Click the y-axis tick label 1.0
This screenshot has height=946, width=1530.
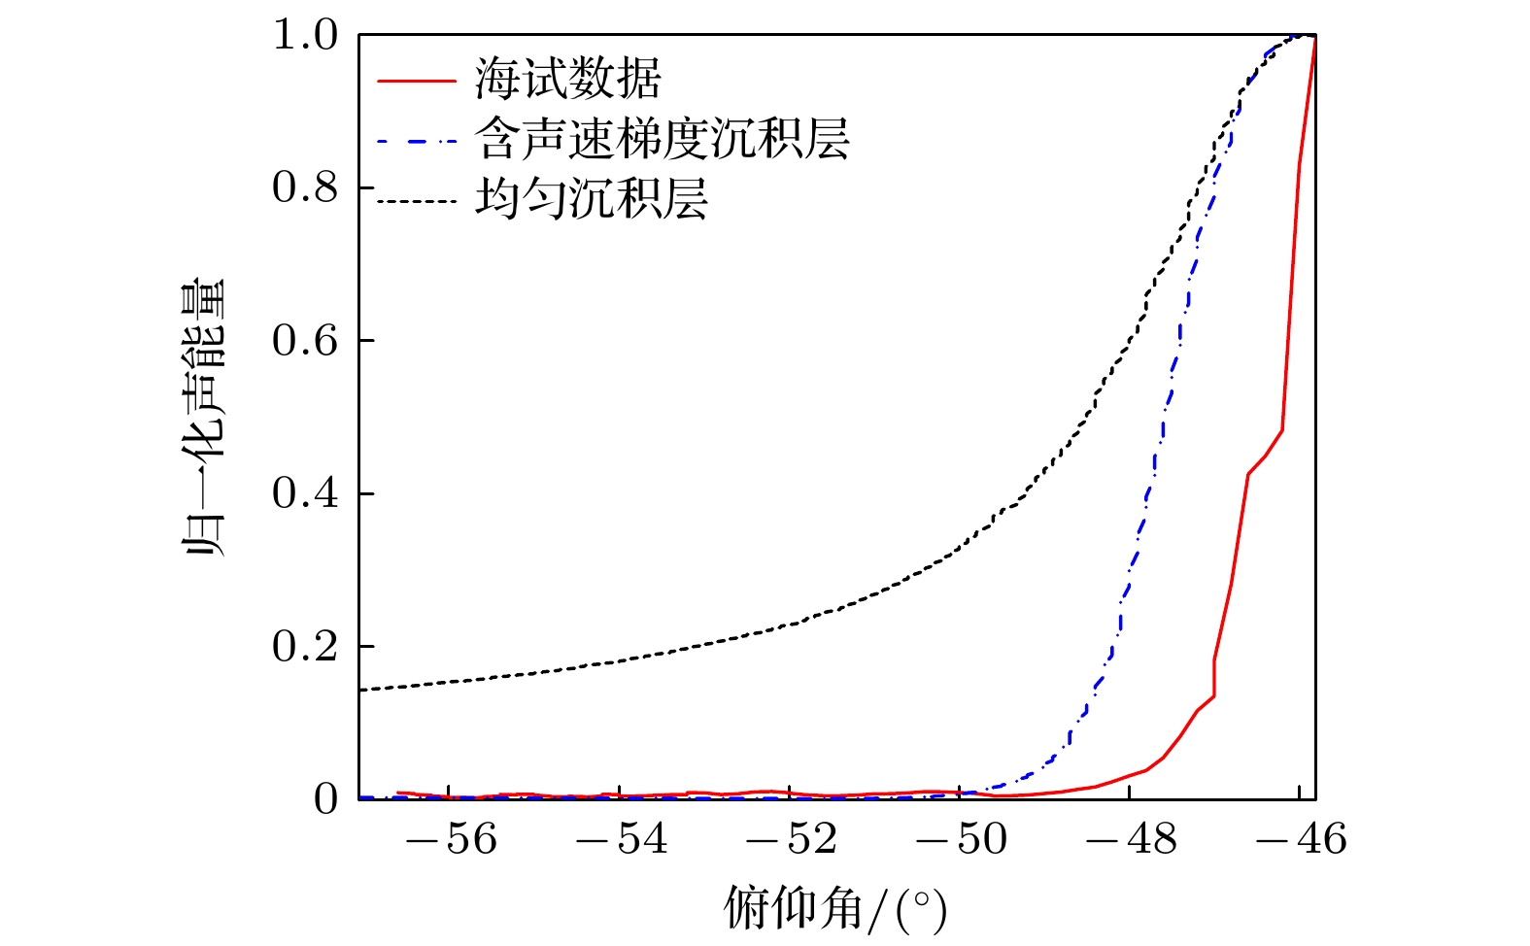304,36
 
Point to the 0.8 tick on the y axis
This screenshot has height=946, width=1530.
304,188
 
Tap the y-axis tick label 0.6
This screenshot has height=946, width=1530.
304,341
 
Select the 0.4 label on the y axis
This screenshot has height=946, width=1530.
304,493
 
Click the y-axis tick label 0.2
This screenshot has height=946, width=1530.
304,647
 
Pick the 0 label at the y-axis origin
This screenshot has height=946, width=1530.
325,799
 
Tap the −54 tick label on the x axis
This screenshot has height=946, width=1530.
621,839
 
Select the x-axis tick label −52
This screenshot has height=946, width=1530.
791,839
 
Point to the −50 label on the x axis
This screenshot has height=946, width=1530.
961,839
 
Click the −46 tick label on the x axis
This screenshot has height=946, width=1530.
1301,839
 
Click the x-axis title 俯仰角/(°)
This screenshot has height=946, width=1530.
835,910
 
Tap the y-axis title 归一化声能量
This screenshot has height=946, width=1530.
205,417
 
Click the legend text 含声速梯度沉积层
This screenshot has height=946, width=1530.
663,140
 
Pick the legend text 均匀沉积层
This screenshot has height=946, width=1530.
592,199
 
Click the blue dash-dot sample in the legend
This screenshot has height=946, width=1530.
416,141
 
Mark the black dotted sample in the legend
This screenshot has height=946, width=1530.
416,201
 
